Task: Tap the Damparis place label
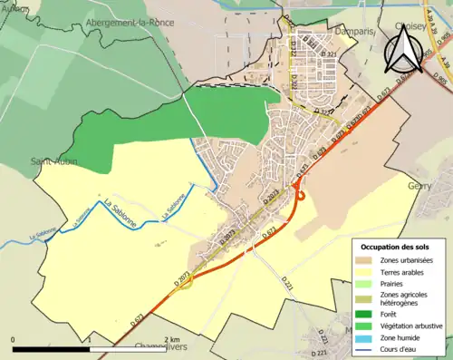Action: (x=342, y=30)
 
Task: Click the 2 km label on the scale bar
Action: (x=173, y=339)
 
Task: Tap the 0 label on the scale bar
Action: (x=14, y=339)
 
